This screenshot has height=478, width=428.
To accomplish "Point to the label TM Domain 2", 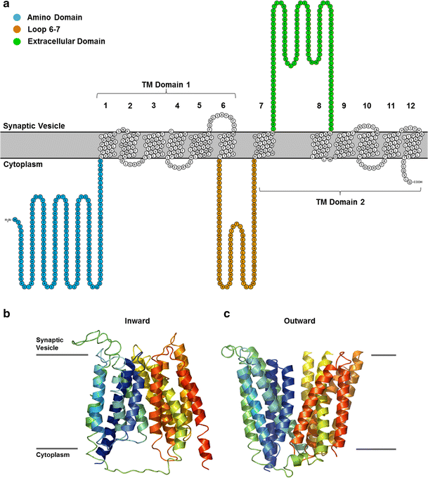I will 340,201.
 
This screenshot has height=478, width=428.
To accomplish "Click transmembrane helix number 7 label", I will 261,105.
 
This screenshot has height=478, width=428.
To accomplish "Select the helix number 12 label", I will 410,105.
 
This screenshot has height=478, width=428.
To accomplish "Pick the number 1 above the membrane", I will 105,105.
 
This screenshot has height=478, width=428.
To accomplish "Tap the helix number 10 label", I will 367,105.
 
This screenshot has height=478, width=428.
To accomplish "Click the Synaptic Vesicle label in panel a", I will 33,125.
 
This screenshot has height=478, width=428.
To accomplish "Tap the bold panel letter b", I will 6,314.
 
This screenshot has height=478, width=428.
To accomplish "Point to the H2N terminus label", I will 8,220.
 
